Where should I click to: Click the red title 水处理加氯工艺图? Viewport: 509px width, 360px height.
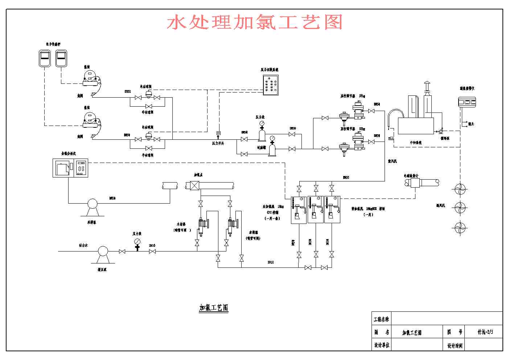point(255,22)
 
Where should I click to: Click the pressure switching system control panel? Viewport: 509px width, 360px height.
point(271,85)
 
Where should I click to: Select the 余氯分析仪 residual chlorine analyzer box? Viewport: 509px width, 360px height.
point(70,168)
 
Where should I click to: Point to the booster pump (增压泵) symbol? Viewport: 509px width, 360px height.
point(103,251)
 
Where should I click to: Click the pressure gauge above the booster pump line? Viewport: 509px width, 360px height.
point(137,242)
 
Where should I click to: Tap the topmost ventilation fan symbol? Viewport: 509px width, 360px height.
point(460,189)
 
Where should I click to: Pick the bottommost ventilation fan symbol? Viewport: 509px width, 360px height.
point(460,228)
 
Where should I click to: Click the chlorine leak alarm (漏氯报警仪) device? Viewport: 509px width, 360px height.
point(467,102)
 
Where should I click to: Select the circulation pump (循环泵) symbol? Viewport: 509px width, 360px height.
point(441,131)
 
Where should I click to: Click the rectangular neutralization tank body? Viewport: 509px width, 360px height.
point(416,126)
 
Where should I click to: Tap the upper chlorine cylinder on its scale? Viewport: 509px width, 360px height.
point(89,77)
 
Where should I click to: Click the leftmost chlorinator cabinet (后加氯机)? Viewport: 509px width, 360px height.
point(299,210)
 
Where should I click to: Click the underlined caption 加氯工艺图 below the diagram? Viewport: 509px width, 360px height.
point(214,308)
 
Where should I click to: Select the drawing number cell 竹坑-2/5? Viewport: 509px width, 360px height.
point(485,332)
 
